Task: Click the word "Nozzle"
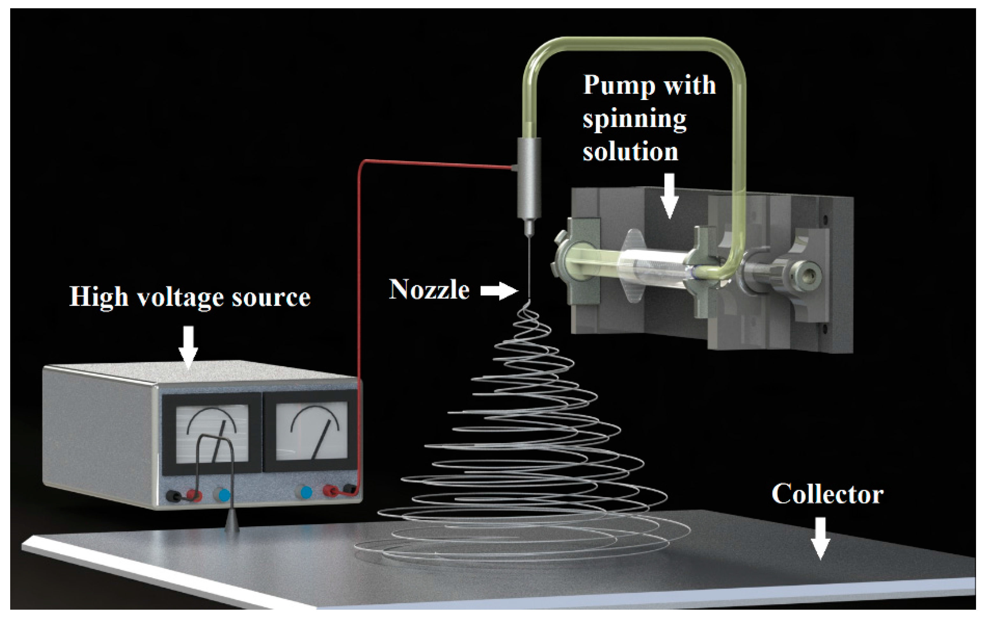429,290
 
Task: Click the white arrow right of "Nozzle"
499,291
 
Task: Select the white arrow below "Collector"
820,537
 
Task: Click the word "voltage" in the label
180,297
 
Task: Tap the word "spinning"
634,119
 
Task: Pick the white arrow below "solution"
669,195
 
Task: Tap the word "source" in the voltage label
271,297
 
